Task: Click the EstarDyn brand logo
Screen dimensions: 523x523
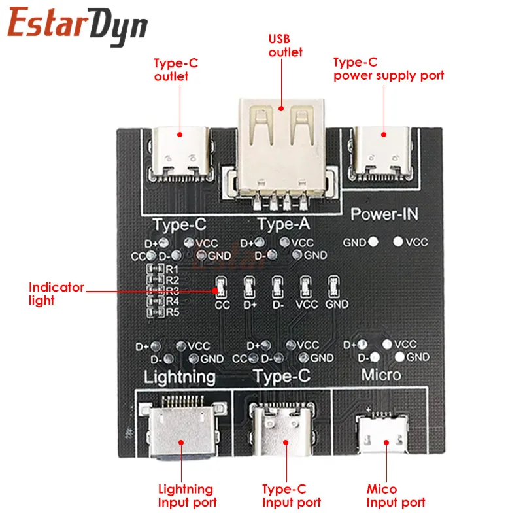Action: click(x=78, y=26)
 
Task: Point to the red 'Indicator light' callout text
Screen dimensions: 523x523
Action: click(x=56, y=294)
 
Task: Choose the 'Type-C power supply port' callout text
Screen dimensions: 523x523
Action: click(x=388, y=69)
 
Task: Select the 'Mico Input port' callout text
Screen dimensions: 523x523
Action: click(x=396, y=496)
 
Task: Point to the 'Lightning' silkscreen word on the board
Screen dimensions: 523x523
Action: click(x=179, y=377)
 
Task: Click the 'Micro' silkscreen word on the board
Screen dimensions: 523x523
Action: click(x=381, y=375)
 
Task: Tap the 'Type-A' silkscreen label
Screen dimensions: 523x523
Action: click(x=283, y=224)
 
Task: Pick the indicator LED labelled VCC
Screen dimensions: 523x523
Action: click(x=305, y=286)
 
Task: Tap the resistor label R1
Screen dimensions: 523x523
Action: click(x=173, y=269)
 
